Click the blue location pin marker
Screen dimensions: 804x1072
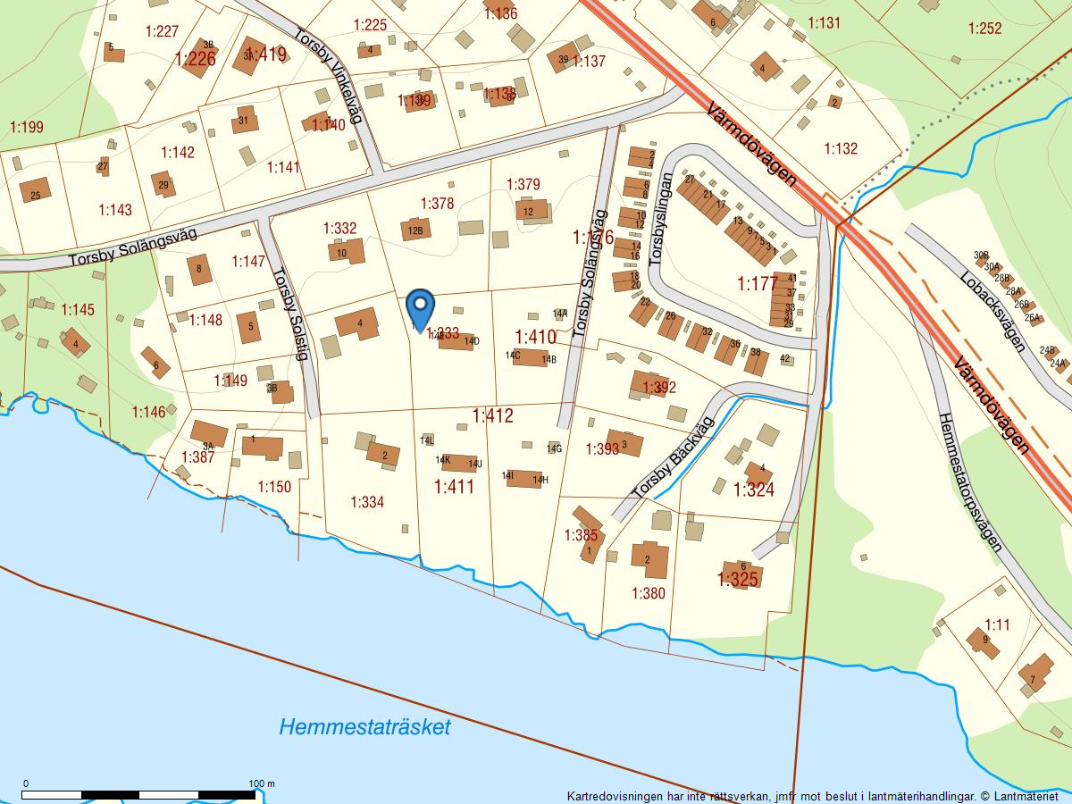point(419,308)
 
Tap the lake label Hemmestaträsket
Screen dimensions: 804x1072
point(364,726)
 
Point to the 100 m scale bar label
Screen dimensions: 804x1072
point(262,783)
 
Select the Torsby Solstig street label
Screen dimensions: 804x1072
point(290,314)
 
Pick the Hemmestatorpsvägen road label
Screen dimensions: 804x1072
point(970,482)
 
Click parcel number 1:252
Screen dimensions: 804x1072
point(984,28)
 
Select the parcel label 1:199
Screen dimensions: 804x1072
point(26,127)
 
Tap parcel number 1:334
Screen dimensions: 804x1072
point(367,502)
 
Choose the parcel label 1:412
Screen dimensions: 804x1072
point(493,415)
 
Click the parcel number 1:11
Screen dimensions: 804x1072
point(997,624)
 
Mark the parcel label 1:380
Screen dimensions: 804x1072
point(649,592)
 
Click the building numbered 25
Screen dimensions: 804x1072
point(35,190)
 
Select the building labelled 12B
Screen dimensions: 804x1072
point(415,230)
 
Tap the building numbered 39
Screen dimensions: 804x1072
point(564,59)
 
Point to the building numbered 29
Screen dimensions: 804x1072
point(163,185)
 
